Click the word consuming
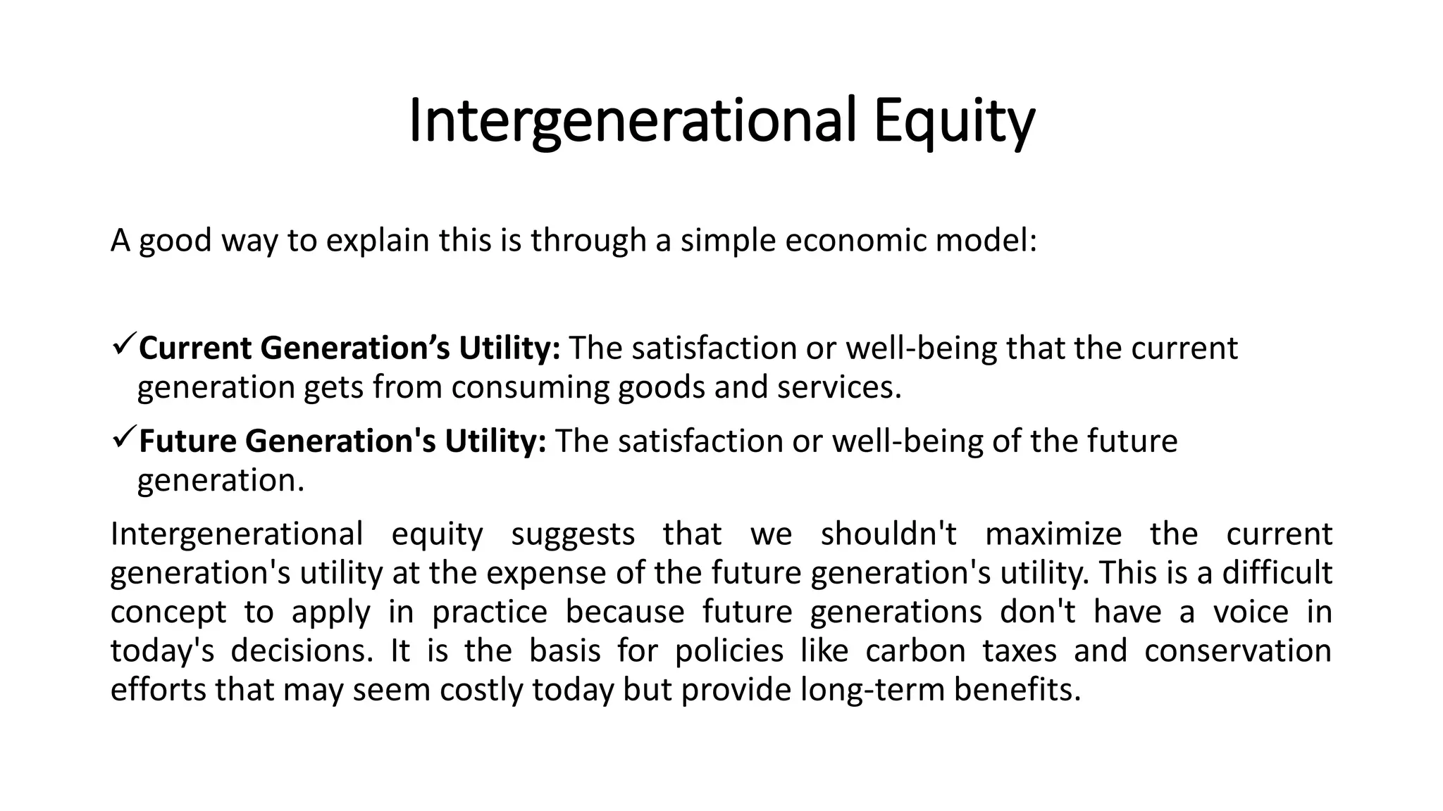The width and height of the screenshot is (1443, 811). (531, 388)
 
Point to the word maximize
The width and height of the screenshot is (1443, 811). (1053, 534)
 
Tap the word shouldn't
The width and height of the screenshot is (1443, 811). (888, 534)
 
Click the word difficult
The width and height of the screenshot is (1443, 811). (1277, 572)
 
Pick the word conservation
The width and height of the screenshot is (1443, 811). (1237, 650)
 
